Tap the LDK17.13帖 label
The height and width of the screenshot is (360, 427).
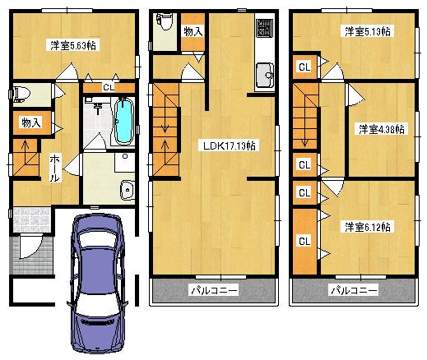(x=229, y=145)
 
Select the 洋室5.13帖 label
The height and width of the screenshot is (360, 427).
(x=368, y=31)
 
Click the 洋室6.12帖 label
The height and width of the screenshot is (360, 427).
(x=368, y=226)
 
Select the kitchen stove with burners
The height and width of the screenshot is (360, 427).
(x=265, y=29)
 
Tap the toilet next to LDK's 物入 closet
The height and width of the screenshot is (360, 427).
(x=164, y=22)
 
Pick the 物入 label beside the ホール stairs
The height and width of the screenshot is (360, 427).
(x=30, y=123)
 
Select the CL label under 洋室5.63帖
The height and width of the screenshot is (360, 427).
(x=109, y=86)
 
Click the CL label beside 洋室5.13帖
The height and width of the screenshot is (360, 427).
(x=304, y=67)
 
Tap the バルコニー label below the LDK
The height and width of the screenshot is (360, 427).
(x=214, y=291)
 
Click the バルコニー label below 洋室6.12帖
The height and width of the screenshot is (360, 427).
(x=354, y=291)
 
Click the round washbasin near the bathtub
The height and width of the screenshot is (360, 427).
(x=125, y=192)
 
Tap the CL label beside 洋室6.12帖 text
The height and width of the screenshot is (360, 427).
(x=304, y=241)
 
